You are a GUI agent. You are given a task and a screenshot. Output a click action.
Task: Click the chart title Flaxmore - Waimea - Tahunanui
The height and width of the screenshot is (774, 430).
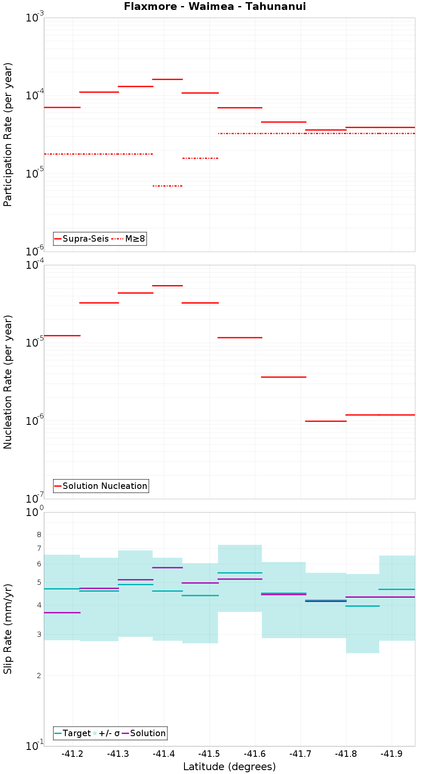(x=215, y=6)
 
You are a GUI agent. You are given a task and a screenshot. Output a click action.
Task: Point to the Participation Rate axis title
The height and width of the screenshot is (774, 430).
(x=8, y=135)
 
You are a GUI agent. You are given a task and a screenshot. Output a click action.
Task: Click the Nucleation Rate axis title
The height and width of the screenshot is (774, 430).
(x=8, y=382)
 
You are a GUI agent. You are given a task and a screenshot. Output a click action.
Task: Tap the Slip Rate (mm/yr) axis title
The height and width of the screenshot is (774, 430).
(x=8, y=629)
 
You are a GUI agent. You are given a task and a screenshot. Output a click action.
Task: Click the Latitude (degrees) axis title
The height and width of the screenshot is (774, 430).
(x=229, y=767)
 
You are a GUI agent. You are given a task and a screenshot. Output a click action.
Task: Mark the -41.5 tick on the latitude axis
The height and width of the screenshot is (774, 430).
(x=209, y=754)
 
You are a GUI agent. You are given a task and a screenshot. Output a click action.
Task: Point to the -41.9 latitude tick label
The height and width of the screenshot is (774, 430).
(x=392, y=754)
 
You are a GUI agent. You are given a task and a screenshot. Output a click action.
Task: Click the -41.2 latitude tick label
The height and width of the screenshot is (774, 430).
(x=72, y=754)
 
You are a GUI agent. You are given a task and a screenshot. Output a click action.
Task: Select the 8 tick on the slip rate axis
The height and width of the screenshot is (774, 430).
(x=39, y=535)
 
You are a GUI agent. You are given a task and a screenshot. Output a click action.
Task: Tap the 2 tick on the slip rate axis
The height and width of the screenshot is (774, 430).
(x=39, y=676)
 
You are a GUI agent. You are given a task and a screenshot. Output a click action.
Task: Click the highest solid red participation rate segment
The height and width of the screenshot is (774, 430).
(x=167, y=79)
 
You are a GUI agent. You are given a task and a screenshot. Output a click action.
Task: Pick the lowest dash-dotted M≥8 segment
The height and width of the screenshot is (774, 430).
(x=167, y=186)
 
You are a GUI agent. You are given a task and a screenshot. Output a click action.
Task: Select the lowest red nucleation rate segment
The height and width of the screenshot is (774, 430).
(x=326, y=421)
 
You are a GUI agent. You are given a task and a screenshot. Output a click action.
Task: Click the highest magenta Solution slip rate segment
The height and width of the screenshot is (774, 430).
(x=167, y=568)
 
